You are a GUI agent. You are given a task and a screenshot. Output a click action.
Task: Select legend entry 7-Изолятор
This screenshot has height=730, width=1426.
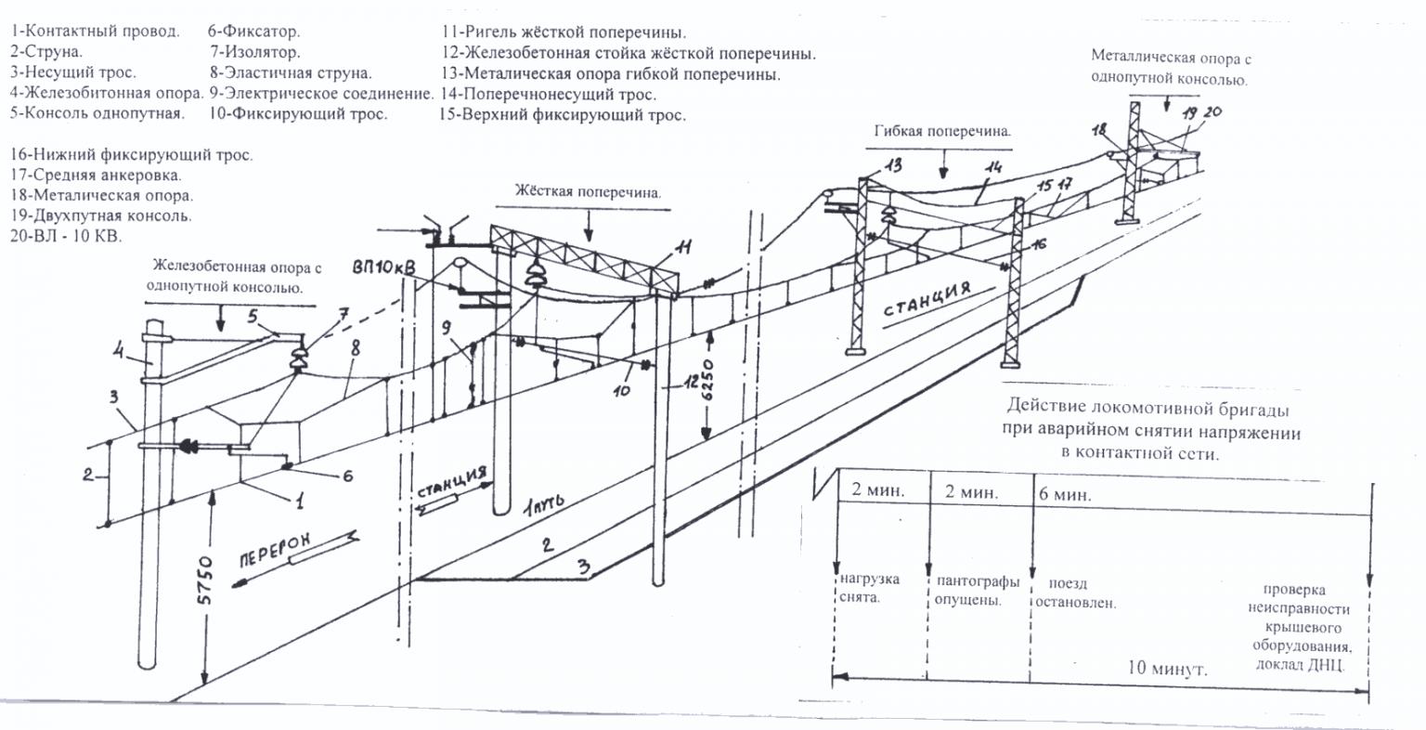(x=255, y=53)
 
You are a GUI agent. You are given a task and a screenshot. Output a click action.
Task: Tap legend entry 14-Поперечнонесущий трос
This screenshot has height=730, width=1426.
(x=549, y=95)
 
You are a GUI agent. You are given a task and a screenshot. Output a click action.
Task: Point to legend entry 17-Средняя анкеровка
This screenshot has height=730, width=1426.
(x=97, y=175)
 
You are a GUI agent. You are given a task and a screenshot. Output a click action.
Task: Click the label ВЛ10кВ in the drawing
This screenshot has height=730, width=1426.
(x=384, y=267)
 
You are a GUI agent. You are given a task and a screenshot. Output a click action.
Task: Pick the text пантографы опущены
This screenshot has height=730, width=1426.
(x=977, y=591)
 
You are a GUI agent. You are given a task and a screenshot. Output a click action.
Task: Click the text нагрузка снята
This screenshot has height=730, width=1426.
(x=869, y=589)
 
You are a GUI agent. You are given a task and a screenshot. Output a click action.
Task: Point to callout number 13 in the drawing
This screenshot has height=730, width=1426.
(x=893, y=167)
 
